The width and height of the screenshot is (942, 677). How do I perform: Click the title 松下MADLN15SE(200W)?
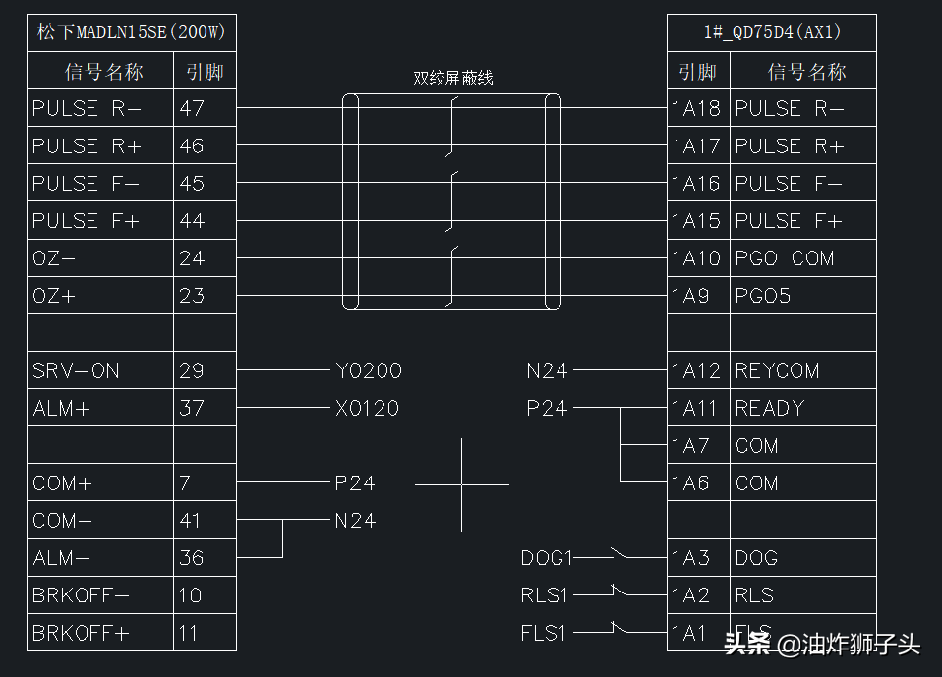pyautogui.click(x=132, y=32)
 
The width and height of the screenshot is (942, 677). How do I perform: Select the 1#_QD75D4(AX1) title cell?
pyautogui.click(x=772, y=32)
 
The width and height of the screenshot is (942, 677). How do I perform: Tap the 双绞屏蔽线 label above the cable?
pyautogui.click(x=452, y=79)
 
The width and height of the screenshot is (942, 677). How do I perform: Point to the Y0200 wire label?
pyautogui.click(x=368, y=371)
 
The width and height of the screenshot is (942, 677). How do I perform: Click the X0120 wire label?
pyautogui.click(x=367, y=409)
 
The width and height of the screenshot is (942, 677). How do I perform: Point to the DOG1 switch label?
pyautogui.click(x=546, y=558)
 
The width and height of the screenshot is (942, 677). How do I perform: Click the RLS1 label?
pyautogui.click(x=544, y=595)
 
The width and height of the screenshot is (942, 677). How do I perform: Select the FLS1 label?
pyautogui.click(x=544, y=634)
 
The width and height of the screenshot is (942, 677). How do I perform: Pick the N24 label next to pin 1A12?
pyautogui.click(x=547, y=371)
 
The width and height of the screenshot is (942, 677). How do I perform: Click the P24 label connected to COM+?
pyautogui.click(x=354, y=483)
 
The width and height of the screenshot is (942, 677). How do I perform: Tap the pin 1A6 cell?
pyautogui.click(x=697, y=483)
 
